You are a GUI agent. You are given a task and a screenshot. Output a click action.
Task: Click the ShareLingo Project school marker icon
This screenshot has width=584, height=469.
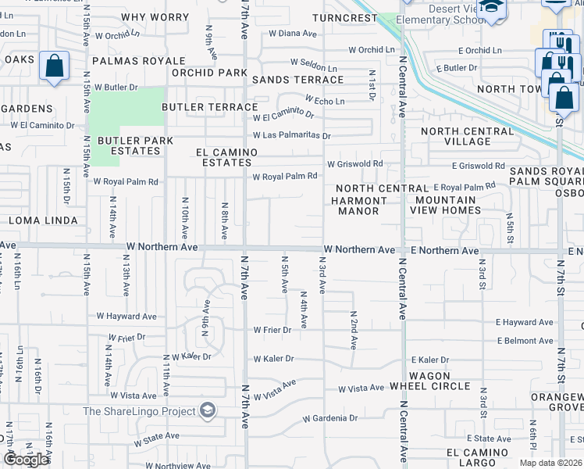coord(208,410)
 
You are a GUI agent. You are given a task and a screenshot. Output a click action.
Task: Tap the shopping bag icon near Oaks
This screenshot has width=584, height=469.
coord(55,68)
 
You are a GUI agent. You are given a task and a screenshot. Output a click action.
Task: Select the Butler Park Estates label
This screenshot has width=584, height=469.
coord(130,145)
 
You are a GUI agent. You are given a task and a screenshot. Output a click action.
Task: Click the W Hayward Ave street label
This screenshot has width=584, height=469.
coord(126,317)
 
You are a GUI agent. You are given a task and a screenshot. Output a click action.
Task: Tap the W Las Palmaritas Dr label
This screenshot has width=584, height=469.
coord(291,136)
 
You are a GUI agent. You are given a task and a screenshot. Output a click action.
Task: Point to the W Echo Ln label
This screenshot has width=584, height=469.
coord(324,100)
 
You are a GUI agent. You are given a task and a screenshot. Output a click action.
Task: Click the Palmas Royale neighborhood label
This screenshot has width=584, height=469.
coord(138,60)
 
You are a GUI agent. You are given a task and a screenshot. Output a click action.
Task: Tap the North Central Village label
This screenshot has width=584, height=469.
coord(467,136)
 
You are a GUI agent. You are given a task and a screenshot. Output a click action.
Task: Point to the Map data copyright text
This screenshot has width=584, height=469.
coord(550,463)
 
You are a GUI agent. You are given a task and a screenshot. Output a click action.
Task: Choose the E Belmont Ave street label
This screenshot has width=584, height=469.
coord(525,341)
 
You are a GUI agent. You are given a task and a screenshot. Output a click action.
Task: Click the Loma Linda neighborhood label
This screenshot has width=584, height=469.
coord(43,221)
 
